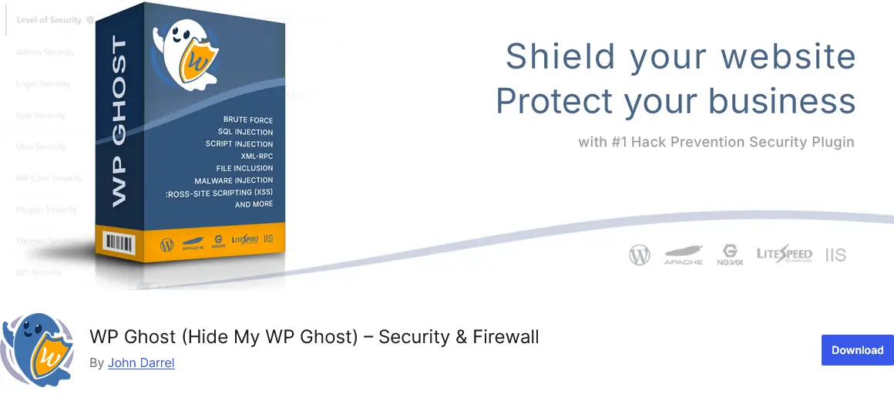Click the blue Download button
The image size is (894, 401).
tap(857, 350)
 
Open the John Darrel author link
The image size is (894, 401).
tap(141, 362)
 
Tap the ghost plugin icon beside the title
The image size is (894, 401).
tap(38, 351)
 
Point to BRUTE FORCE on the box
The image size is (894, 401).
tap(247, 120)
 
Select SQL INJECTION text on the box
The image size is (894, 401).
tap(245, 132)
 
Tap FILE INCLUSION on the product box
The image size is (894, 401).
tap(244, 168)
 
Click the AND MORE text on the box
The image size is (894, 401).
tap(254, 204)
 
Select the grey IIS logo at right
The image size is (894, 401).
tap(835, 254)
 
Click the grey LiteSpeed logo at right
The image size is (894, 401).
tap(784, 254)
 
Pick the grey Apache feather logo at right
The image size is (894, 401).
tap(683, 254)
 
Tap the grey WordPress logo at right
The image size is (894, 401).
tap(640, 254)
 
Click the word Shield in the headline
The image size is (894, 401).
tap(560, 56)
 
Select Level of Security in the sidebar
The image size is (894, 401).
tap(49, 20)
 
